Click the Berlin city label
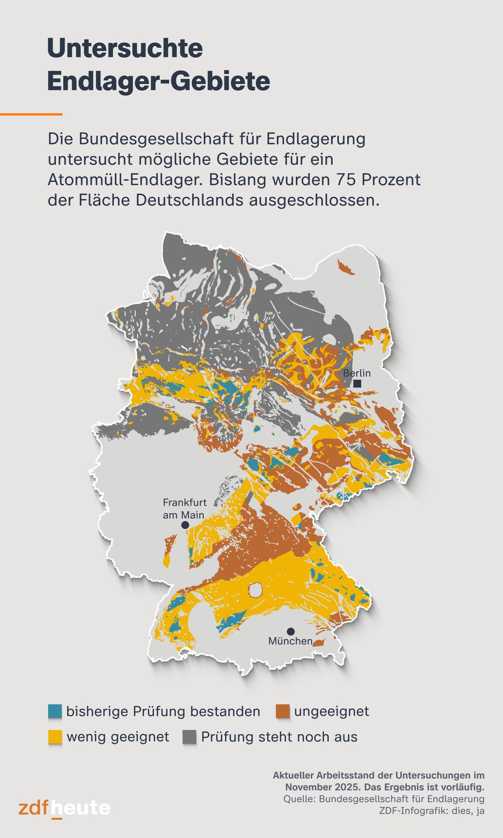[357, 373]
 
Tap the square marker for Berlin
[357, 384]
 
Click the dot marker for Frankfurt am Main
[185, 525]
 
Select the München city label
[290, 641]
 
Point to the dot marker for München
[290, 631]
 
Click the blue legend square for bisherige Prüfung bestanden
[55, 711]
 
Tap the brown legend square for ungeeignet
[283, 711]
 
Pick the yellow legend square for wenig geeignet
[55, 737]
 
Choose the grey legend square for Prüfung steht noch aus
[189, 737]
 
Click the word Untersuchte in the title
[125, 49]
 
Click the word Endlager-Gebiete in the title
[158, 81]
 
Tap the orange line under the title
[31, 114]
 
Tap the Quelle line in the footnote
[383, 799]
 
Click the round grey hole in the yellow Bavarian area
[255, 589]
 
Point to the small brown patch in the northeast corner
[345, 267]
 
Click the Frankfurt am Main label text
[184, 508]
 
